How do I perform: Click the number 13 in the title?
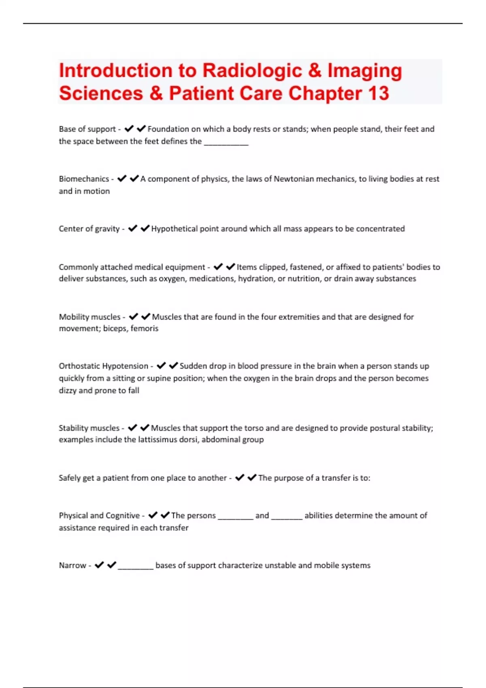(x=378, y=93)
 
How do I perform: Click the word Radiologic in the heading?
(x=252, y=70)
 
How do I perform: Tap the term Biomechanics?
(x=84, y=179)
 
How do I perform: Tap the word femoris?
(x=144, y=328)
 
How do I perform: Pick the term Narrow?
(x=72, y=565)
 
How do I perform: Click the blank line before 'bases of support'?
(x=135, y=567)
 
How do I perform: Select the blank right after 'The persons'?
(x=235, y=517)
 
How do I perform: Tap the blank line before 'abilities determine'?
(x=287, y=517)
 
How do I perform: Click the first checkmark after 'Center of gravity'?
(x=132, y=229)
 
